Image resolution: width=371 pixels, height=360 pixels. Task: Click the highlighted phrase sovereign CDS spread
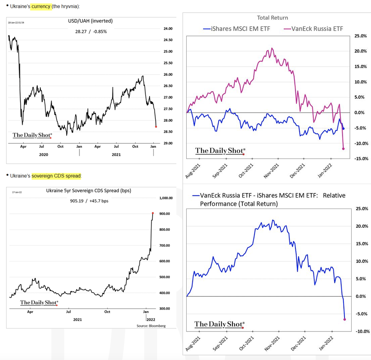pos(56,176)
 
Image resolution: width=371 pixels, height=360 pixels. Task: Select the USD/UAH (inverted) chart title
pos(91,21)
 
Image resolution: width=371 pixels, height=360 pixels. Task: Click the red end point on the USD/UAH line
pos(156,126)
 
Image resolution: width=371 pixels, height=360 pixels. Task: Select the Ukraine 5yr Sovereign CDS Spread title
pos(88,191)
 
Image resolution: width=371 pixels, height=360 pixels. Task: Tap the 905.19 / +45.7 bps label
pos(89,201)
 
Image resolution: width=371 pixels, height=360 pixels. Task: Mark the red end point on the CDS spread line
pos(153,213)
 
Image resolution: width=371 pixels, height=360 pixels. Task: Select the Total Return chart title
pos(272,18)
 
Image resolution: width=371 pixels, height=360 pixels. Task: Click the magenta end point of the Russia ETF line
pos(343,148)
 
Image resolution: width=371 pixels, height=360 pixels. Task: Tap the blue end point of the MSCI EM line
pos(343,128)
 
